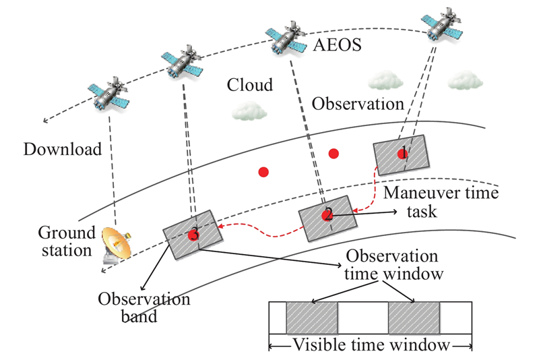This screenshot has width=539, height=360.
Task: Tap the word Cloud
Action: click(250, 86)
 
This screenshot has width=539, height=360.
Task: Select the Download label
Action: click(62, 149)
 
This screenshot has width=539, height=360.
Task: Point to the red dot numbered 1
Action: click(403, 154)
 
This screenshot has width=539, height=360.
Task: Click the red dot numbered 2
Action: click(327, 215)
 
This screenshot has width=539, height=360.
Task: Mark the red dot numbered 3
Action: click(194, 235)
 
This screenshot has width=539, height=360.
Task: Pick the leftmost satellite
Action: click(108, 92)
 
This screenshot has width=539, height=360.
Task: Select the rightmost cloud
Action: click(467, 80)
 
